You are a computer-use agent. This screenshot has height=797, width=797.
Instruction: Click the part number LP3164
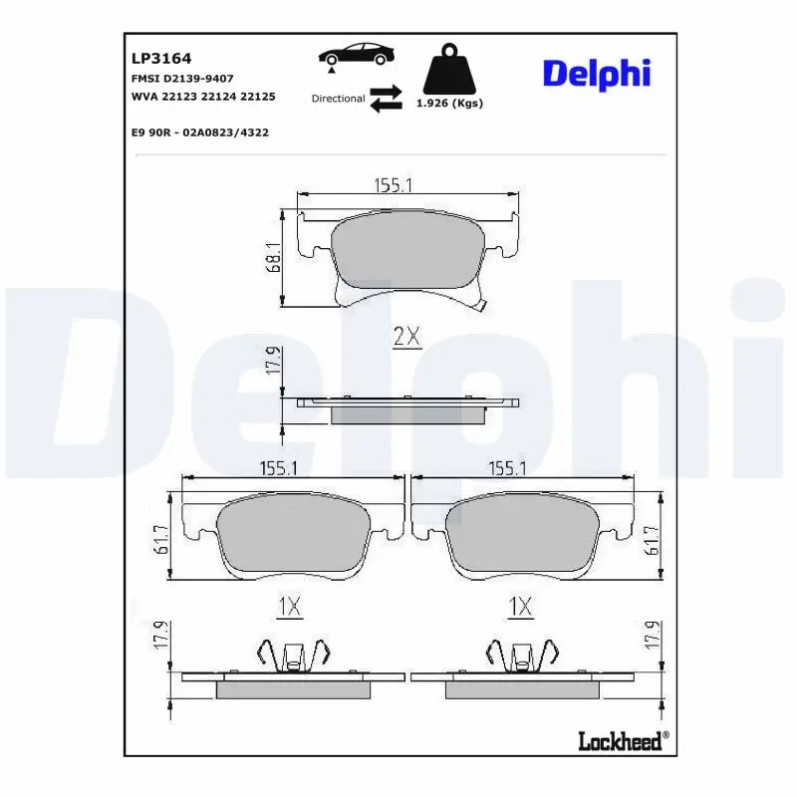[154, 59]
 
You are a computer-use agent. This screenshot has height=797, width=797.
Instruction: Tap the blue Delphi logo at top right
[596, 73]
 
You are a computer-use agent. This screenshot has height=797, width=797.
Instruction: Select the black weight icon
[448, 68]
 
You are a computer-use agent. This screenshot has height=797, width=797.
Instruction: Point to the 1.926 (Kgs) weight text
[448, 104]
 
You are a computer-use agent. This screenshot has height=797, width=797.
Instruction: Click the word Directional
[338, 99]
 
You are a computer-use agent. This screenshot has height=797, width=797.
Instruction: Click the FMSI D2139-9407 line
[182, 78]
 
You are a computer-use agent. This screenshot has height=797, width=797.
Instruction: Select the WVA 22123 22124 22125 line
[203, 97]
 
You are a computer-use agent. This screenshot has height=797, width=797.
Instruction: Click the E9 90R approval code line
[199, 132]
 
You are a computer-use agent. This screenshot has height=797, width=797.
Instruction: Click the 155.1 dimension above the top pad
[394, 184]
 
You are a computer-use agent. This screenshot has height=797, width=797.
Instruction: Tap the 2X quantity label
[406, 338]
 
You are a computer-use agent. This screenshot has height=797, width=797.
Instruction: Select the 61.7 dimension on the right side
[653, 539]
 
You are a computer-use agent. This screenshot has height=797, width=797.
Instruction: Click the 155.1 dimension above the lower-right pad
[507, 468]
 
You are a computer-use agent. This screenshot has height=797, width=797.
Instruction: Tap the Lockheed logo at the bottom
[623, 740]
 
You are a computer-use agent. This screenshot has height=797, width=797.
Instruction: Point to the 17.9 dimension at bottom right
[653, 636]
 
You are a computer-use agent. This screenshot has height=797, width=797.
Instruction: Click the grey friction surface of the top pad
[406, 254]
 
